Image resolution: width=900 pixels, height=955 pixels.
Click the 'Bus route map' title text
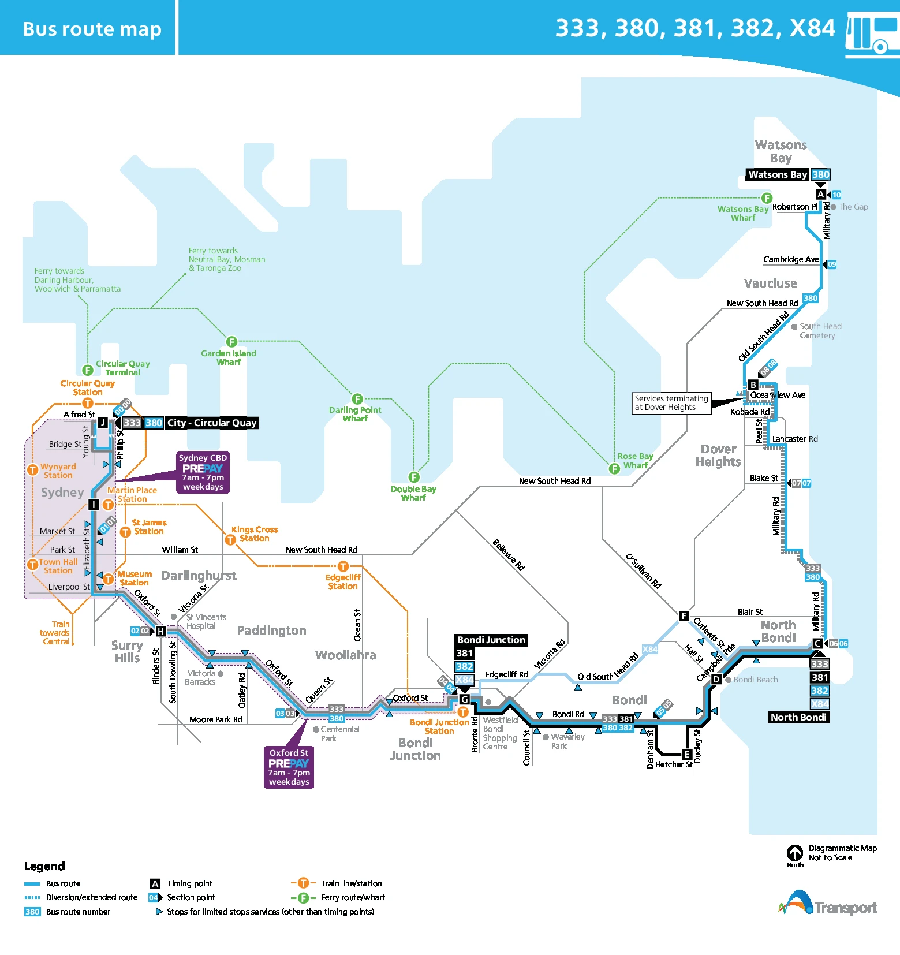point(92,29)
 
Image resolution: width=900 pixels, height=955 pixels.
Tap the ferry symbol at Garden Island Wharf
point(231,342)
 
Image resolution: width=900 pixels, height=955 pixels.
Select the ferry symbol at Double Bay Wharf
point(414,477)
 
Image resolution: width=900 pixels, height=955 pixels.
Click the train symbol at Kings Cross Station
point(230,540)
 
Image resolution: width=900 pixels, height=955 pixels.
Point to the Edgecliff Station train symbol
point(343,566)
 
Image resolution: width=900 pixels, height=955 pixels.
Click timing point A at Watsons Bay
point(820,195)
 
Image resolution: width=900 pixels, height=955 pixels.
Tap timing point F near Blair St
point(684,615)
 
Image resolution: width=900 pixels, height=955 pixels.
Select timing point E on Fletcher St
point(687,754)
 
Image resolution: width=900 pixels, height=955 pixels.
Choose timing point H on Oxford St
point(160,631)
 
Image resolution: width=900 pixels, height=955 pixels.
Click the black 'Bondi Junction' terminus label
point(491,640)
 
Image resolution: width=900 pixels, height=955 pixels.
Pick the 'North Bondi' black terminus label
point(799,717)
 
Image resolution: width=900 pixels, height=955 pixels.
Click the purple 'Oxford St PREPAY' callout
point(289,767)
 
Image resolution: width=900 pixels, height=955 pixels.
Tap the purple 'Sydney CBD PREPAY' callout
point(203,472)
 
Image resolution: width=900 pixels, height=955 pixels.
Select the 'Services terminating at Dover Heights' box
point(671,403)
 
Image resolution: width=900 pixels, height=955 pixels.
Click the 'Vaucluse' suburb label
point(770,283)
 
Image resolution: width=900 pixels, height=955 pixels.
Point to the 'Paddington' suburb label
point(271,631)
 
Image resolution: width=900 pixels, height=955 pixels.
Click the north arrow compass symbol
point(795,853)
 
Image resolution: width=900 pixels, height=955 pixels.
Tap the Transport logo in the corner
point(828,905)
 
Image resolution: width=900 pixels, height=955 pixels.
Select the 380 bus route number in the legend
point(32,912)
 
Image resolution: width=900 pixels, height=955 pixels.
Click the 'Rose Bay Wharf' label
point(635,461)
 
